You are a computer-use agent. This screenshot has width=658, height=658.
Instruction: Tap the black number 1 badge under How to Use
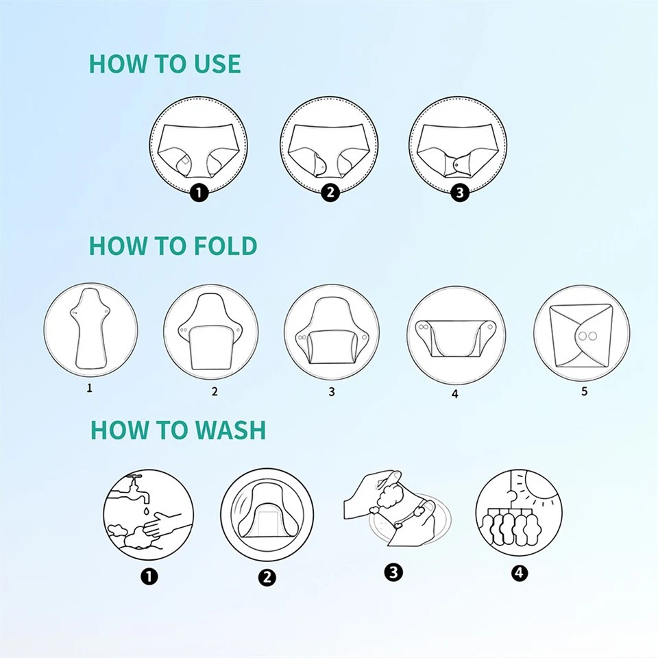click(199, 193)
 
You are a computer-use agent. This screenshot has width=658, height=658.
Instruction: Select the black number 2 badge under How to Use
click(330, 193)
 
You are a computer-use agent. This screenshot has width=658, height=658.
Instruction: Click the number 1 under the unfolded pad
click(89, 388)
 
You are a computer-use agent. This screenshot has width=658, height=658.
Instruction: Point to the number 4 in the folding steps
click(454, 394)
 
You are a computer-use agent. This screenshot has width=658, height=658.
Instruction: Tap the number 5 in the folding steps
click(584, 391)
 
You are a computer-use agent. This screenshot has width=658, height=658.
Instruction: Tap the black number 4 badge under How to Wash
click(519, 573)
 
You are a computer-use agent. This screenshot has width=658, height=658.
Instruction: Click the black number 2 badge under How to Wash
click(267, 577)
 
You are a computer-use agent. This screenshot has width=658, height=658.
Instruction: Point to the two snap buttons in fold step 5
click(585, 337)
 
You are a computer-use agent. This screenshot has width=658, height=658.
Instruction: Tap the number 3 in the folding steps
click(332, 392)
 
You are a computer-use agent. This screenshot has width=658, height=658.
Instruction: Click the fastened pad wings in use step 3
click(458, 165)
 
